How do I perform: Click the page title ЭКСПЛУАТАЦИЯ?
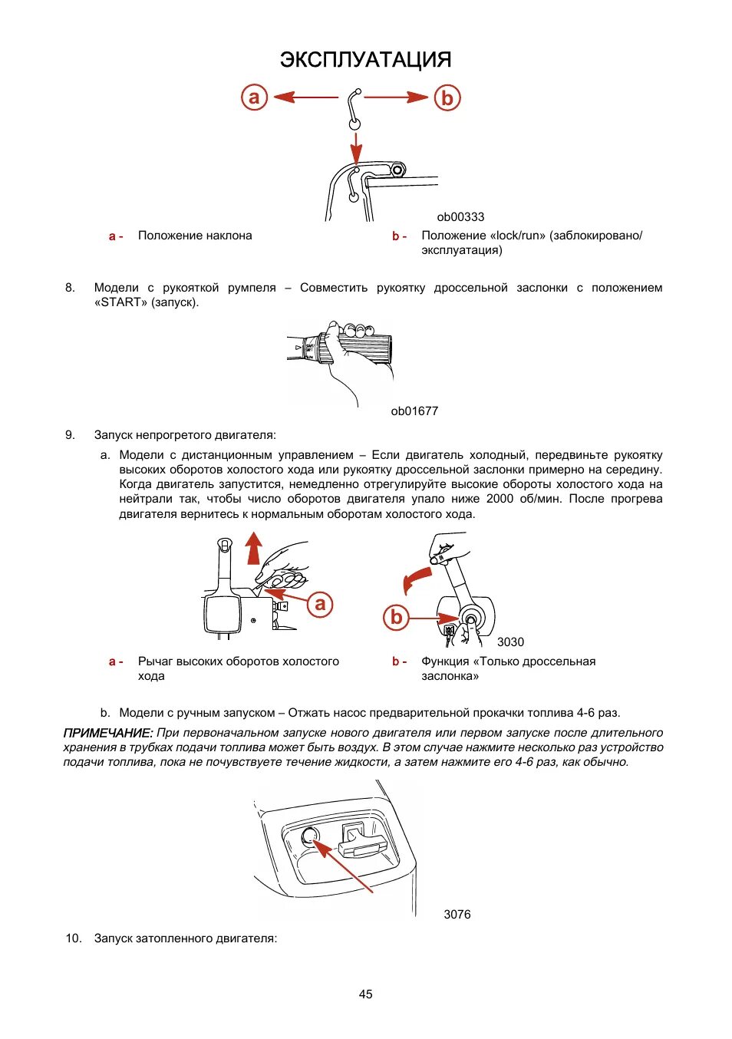[365, 60]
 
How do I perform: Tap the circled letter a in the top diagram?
[254, 97]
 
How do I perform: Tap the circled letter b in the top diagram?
[447, 98]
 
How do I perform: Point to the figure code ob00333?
[460, 217]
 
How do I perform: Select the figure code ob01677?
[414, 411]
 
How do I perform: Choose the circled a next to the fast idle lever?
[320, 604]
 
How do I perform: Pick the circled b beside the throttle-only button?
[396, 617]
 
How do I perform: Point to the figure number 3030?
[510, 642]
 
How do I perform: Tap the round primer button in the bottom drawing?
[309, 837]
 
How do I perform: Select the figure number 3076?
[457, 915]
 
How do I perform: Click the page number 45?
[365, 994]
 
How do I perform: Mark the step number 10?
[73, 938]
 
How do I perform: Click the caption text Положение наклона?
[195, 236]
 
